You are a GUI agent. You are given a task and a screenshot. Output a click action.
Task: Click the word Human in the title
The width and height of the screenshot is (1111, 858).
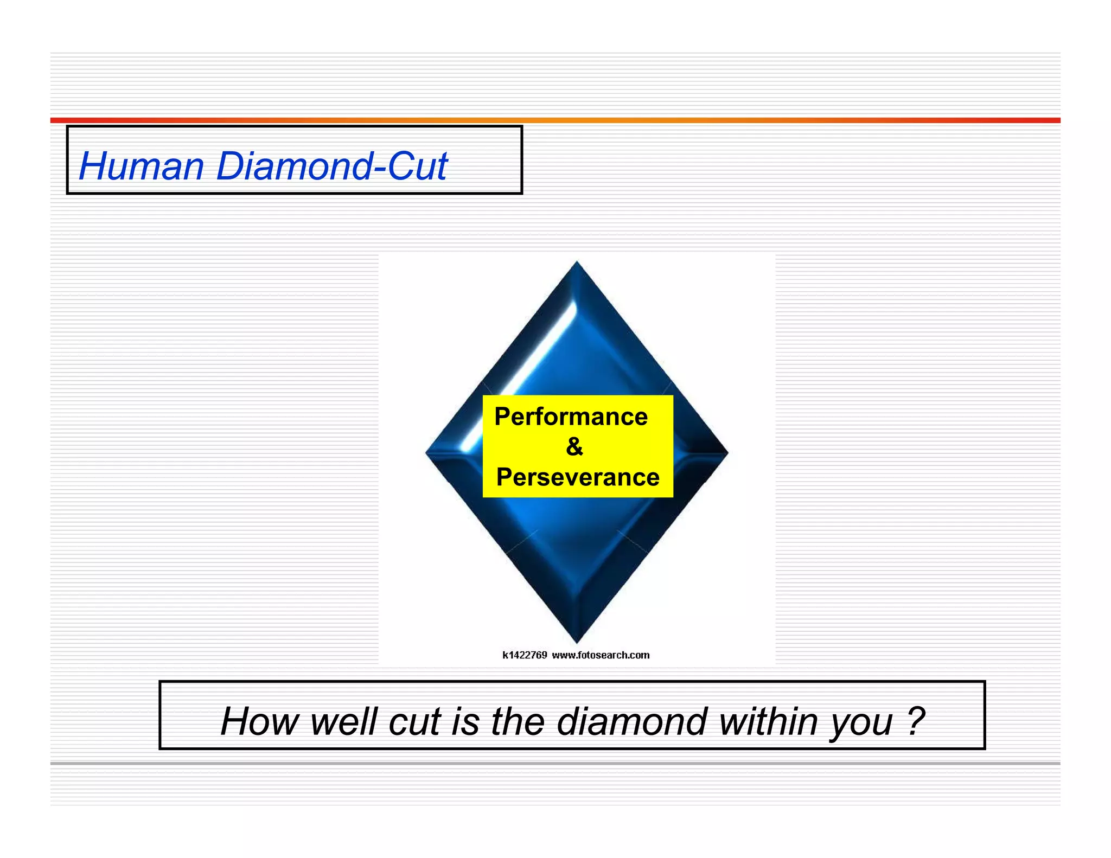142,166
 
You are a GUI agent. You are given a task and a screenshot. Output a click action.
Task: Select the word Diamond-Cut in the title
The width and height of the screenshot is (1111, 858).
331,166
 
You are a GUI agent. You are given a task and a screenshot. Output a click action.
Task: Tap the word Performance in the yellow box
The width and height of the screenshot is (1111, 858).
571,417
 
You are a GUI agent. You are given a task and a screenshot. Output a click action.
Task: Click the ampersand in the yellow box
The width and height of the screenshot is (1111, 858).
574,446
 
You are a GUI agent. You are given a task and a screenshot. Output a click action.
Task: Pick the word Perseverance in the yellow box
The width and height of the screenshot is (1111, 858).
578,477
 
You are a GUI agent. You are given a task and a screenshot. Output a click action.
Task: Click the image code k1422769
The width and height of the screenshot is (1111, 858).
525,655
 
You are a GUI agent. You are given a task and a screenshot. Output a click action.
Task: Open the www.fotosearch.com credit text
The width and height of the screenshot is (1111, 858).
601,655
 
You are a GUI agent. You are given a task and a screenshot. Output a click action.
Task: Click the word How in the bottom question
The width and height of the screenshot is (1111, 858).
259,721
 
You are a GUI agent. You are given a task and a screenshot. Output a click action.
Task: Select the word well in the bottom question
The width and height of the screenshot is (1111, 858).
343,721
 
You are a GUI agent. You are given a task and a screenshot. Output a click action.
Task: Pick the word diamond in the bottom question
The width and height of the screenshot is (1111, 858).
631,721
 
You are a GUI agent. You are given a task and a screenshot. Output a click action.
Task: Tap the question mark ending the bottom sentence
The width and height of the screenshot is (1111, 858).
916,721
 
